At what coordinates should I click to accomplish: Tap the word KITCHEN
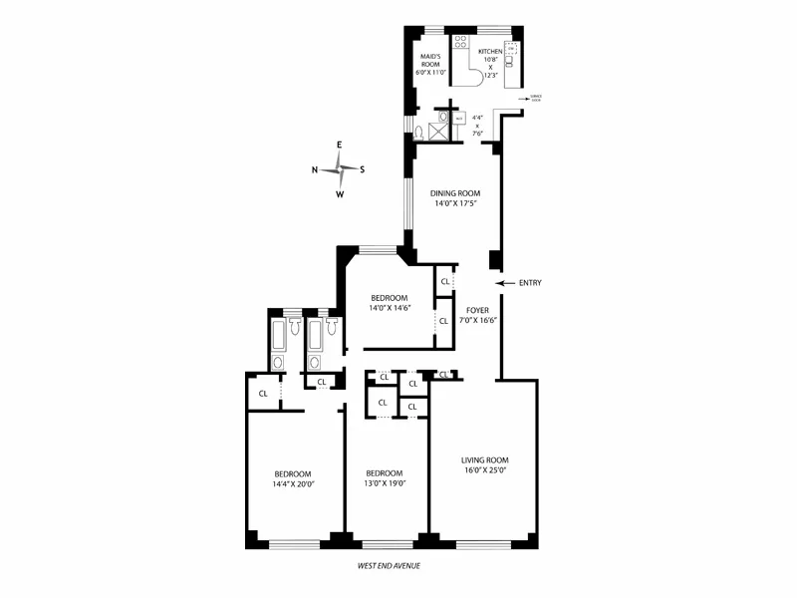coord(489,50)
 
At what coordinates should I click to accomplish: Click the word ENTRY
coord(529,283)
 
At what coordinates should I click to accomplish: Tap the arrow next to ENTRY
coord(505,283)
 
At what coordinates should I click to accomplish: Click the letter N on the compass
coord(316,169)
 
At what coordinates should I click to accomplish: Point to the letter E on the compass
coord(340,146)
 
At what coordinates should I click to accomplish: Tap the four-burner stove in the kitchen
coord(461,42)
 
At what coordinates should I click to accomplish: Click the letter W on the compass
coord(340,194)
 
